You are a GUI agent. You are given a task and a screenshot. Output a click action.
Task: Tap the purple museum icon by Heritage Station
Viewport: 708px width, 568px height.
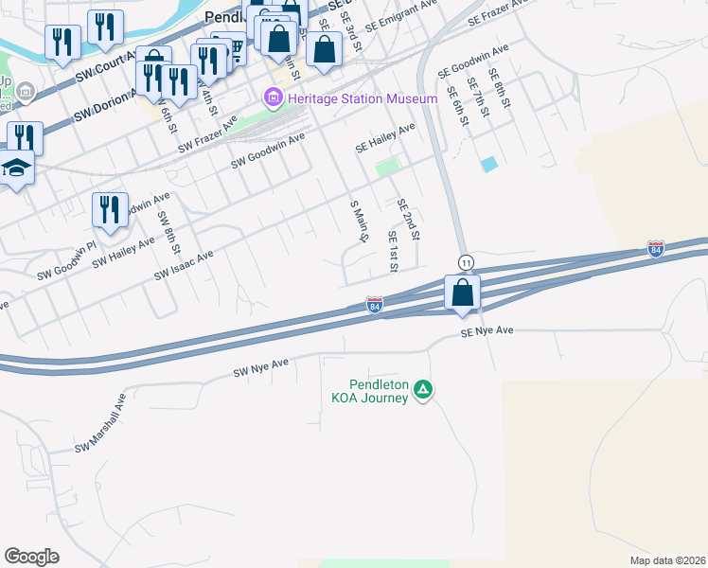[274, 98]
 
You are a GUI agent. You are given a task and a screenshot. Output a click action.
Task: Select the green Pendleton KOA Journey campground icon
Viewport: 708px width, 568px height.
[425, 389]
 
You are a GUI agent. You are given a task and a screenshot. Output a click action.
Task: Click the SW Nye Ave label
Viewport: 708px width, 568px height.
[260, 368]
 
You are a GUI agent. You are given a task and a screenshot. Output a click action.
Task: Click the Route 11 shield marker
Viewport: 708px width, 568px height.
[466, 260]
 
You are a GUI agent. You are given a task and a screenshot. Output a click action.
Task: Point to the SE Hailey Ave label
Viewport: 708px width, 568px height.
[385, 138]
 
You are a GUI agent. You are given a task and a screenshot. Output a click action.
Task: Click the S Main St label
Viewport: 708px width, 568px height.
[358, 222]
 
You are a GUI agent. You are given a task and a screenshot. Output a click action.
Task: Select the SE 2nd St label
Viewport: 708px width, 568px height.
[407, 219]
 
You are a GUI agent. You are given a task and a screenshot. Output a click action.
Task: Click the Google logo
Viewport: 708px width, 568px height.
[31, 557]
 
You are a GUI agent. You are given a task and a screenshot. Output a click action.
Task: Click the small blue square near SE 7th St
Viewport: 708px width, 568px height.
[488, 164]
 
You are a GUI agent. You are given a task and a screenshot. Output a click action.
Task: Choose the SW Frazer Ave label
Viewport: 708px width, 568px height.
[207, 137]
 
